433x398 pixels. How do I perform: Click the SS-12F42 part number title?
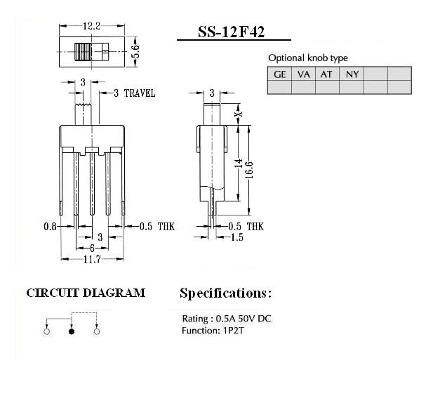tap(232, 32)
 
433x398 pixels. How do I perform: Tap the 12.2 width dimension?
tap(92, 26)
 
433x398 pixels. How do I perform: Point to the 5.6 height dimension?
tap(135, 51)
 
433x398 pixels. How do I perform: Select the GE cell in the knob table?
tap(280, 74)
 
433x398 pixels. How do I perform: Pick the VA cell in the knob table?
tap(303, 74)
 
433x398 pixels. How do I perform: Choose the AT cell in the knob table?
tap(326, 74)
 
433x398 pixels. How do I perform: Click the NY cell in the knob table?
tap(352, 74)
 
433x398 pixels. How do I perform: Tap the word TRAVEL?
tap(140, 93)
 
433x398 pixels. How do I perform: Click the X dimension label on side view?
tap(239, 114)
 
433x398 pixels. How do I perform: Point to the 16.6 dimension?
tap(249, 170)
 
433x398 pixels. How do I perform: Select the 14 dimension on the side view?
tap(239, 163)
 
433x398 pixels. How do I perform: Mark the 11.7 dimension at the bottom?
tap(92, 259)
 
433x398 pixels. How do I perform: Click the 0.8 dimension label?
tap(50, 227)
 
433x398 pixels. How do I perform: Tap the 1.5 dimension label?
tap(237, 237)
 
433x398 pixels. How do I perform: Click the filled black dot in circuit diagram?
tap(72, 331)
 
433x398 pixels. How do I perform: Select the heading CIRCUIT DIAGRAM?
tap(86, 293)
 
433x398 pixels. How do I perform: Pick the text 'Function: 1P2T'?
tap(213, 331)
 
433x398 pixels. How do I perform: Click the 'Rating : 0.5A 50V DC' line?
tap(227, 319)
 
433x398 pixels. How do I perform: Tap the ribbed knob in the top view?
tap(83, 52)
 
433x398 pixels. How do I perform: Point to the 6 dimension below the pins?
tap(92, 248)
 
